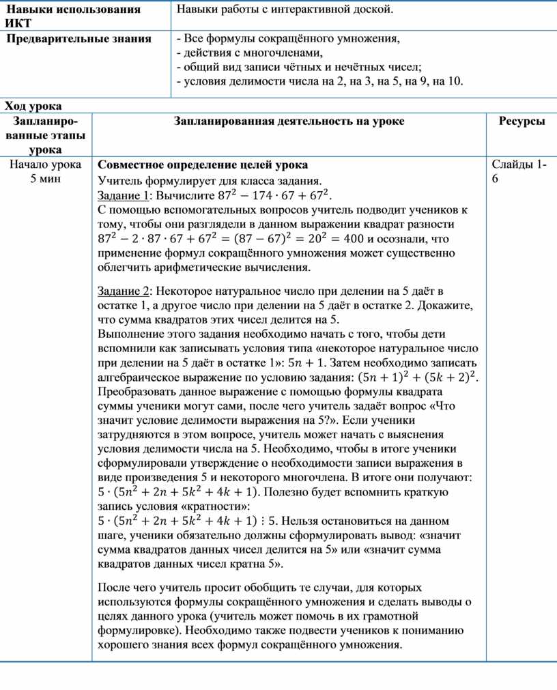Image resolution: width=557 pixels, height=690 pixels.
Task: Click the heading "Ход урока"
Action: (33, 106)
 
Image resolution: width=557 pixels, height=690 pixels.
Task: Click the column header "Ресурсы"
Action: (522, 121)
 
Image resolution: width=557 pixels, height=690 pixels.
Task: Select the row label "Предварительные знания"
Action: (78, 38)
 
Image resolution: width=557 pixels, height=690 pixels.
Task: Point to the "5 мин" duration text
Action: (46, 178)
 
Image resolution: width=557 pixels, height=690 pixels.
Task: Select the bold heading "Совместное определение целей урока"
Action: (203, 165)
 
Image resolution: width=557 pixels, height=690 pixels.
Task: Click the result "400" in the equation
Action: (354, 239)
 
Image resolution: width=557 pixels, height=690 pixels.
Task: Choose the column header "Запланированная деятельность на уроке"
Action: (289, 121)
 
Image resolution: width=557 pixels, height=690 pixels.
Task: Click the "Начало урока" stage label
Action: (46, 164)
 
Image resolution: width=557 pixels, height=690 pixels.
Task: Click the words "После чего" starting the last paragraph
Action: (124, 587)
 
